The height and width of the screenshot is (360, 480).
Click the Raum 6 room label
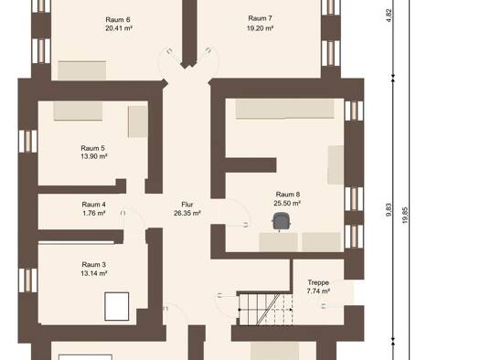pyautogui.click(x=118, y=20)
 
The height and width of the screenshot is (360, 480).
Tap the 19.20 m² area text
pyautogui.click(x=260, y=28)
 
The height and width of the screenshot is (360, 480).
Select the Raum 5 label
pyautogui.click(x=92, y=148)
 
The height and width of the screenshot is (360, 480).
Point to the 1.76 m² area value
pyautogui.click(x=94, y=213)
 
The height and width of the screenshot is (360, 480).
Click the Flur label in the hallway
pyautogui.click(x=187, y=205)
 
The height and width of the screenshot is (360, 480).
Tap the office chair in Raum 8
pyautogui.click(x=281, y=221)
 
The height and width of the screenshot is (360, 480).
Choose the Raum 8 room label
pyautogui.click(x=288, y=195)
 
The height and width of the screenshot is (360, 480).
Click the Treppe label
pyautogui.click(x=318, y=282)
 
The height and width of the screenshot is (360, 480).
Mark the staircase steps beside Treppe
pyautogui.click(x=265, y=309)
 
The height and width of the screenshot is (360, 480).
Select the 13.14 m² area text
pyautogui.click(x=94, y=273)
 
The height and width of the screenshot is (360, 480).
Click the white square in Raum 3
pyautogui.click(x=117, y=306)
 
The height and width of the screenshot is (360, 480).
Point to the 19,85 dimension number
pyautogui.click(x=405, y=216)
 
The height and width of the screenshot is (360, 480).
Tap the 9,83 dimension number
pyautogui.click(x=389, y=210)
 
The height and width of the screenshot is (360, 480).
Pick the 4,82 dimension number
pyautogui.click(x=389, y=16)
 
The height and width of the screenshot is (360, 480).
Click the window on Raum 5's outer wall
pyautogui.click(x=27, y=142)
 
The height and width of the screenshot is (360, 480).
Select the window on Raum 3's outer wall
pyautogui.click(x=27, y=281)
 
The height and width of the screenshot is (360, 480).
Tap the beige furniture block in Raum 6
pyautogui.click(x=82, y=70)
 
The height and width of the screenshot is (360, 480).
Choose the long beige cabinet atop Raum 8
pyautogui.click(x=284, y=109)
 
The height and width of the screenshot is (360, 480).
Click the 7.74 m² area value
pyautogui.click(x=318, y=291)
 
